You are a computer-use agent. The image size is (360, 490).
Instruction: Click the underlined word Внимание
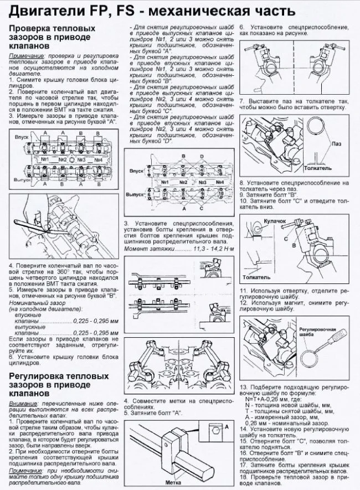click(26, 405)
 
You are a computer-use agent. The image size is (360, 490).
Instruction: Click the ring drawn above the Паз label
click(318, 128)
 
